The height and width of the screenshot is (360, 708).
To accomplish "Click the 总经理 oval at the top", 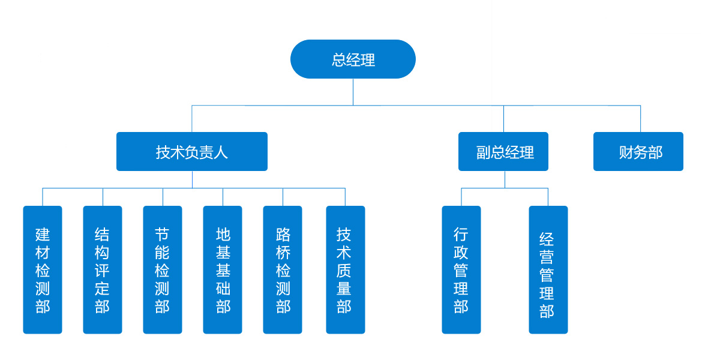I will coord(353,59).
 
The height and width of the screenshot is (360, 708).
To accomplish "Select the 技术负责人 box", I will coord(191,152).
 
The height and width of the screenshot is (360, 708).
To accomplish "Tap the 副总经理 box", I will coord(503,152).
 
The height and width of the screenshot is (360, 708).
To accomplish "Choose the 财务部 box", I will coord(638,152).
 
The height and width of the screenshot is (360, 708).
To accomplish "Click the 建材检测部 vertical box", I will coord(43,270).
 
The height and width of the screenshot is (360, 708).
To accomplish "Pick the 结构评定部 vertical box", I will coord(103,270).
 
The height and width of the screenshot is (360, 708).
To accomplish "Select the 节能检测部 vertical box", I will coord(163,270).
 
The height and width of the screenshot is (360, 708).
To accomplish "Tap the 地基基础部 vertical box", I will coord(223,270).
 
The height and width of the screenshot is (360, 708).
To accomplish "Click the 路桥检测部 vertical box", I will coord(283,270).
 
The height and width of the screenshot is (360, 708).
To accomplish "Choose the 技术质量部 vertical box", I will coord(345,270).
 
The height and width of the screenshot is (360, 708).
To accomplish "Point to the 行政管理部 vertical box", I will coord(461,270).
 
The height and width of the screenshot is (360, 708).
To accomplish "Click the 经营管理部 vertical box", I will coord(548,270).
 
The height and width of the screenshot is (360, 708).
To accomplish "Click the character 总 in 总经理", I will coord(339,60).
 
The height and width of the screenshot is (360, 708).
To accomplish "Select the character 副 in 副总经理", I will coord(484,152).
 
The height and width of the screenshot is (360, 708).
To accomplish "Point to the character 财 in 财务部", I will coord(626,152).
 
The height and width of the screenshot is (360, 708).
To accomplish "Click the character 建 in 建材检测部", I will coord(43,234).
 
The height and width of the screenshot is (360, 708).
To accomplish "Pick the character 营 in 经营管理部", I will coord(547,257).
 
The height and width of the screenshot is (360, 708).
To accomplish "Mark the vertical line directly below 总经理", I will coord(353,92).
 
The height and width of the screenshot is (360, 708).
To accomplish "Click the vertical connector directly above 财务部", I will coord(640,119).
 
